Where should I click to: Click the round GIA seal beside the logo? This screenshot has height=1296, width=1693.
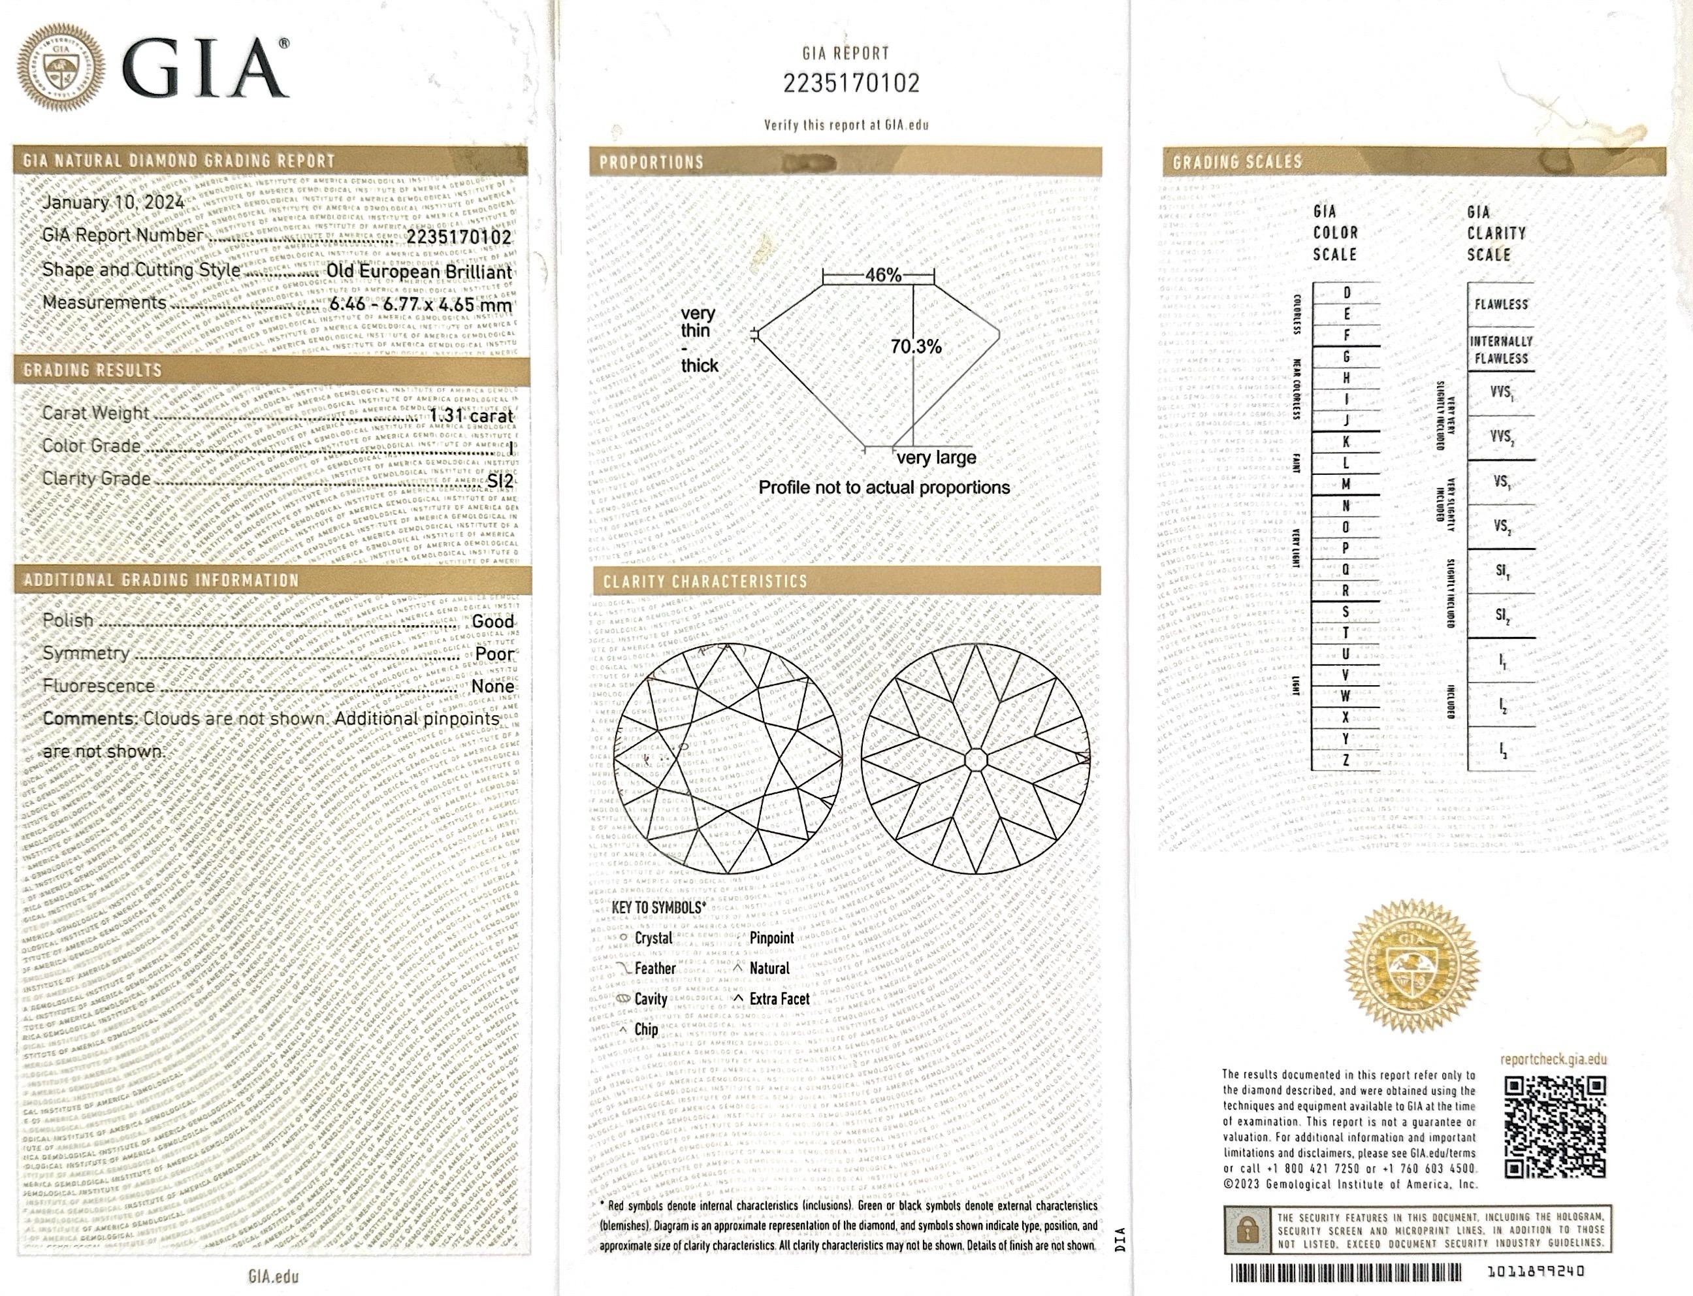coord(60,70)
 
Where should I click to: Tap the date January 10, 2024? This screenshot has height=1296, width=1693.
coord(112,202)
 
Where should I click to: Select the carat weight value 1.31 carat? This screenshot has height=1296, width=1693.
coord(470,416)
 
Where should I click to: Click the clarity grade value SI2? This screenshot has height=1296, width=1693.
coord(500,481)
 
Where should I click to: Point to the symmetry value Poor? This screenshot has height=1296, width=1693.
coord(494,654)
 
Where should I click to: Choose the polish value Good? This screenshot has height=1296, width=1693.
coord(492,622)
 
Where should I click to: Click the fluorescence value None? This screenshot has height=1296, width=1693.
coord(492,687)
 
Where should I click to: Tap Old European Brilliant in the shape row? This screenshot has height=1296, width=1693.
coord(419,272)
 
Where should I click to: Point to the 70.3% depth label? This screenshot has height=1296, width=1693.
coord(916,347)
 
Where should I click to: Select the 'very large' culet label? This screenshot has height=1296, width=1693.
coord(935,457)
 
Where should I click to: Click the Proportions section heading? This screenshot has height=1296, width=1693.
coord(652,163)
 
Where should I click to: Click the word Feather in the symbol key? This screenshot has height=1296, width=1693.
coord(655,968)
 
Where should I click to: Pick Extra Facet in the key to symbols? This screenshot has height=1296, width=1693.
coord(779,999)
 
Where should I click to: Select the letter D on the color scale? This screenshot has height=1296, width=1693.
coord(1347,293)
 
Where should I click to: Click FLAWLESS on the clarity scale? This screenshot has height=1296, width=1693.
coord(1500,304)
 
